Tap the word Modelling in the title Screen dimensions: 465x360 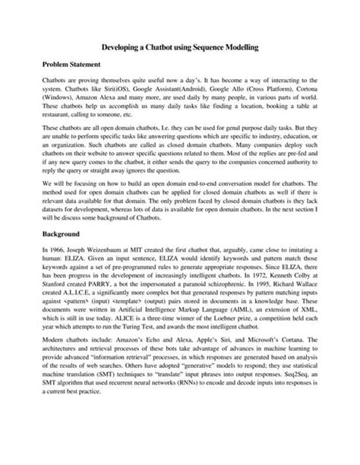pos(242,47)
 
